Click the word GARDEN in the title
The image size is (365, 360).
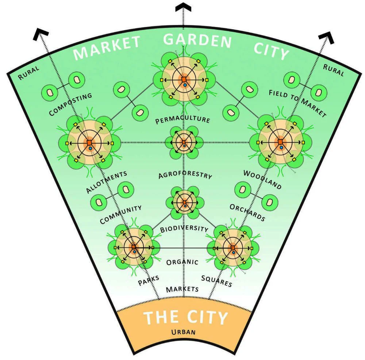[x=197, y=40]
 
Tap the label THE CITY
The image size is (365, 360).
[x=185, y=317]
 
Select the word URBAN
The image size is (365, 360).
[x=184, y=332]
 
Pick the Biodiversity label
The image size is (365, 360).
[x=184, y=229]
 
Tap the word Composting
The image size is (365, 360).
[x=70, y=104]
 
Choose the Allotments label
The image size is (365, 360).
[x=107, y=182]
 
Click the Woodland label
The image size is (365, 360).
[x=262, y=179]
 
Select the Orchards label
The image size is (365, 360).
[x=247, y=213]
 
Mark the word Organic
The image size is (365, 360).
[x=182, y=262]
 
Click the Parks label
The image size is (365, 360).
[x=149, y=280]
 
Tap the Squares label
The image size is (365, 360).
[x=216, y=281]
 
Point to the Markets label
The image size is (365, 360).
[x=182, y=289]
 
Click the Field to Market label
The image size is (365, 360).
[x=297, y=103]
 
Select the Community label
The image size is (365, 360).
[x=120, y=214]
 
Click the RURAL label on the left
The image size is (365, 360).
[x=28, y=73]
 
